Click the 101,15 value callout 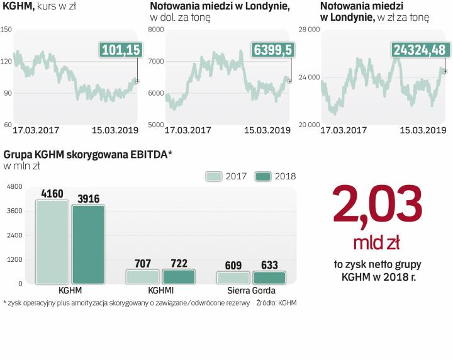click(x=120, y=50)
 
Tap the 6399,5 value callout click(x=272, y=50)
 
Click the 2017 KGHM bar click(x=52, y=242)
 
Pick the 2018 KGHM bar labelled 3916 click(x=88, y=244)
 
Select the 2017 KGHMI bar click(x=143, y=276)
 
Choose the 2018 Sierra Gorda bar click(x=269, y=277)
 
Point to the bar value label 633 click(x=269, y=266)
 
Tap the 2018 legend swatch click(x=263, y=176)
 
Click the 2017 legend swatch click(x=215, y=176)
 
